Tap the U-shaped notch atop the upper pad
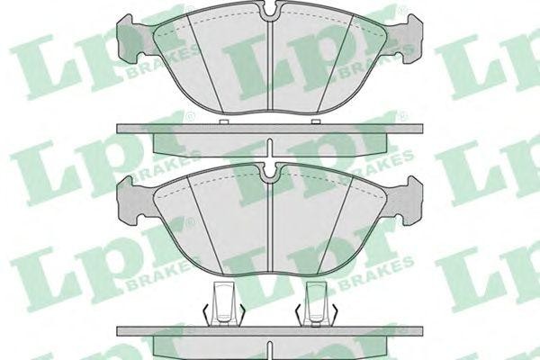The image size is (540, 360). pyautogui.click(x=270, y=9)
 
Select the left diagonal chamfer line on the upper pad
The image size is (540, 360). pyautogui.click(x=205, y=65)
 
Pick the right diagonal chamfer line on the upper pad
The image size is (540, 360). pyautogui.click(x=334, y=65)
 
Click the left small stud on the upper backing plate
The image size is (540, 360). pyautogui.click(x=224, y=121)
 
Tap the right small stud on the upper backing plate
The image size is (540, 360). pyautogui.click(x=316, y=121)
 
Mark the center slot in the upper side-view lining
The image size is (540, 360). pyautogui.click(x=270, y=148)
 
